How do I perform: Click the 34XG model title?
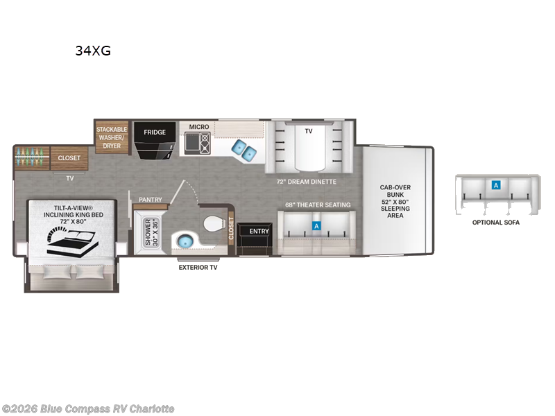[x=92, y=51]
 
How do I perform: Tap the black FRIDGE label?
[x=153, y=132]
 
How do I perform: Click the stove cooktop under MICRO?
[x=196, y=144]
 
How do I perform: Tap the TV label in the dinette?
[x=308, y=130]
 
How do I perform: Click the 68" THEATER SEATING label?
[x=318, y=205]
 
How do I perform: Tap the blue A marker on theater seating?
[x=317, y=226]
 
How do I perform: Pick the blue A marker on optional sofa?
[x=495, y=185]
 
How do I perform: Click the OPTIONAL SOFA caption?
[x=495, y=223]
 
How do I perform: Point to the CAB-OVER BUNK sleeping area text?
[x=394, y=201]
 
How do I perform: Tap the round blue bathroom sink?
[x=183, y=241]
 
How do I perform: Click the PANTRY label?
[x=150, y=200]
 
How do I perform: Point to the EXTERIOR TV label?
[x=198, y=267]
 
